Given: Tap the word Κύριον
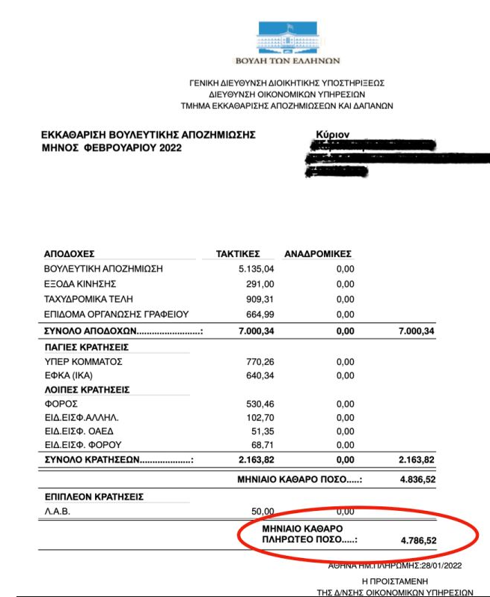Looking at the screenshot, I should click(334, 136).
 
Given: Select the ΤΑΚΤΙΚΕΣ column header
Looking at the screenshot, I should click(238, 254).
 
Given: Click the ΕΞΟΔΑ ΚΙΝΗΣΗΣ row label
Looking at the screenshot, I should click(81, 284).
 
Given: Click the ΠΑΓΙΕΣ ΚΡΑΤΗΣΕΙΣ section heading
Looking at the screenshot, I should click(87, 348).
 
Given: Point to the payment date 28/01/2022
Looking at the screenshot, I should click(445, 566).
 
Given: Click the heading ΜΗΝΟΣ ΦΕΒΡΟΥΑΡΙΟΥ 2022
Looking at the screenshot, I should click(111, 148).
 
